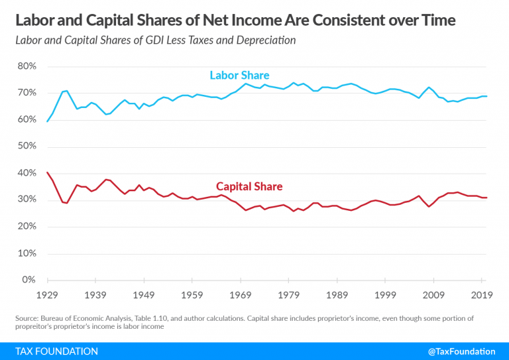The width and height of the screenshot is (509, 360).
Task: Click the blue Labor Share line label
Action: [239, 75]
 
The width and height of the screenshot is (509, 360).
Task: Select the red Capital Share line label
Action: [249, 186]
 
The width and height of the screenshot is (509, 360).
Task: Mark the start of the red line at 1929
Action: [47, 172]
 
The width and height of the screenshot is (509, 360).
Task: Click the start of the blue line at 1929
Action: [47, 121]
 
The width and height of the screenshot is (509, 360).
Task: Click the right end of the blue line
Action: [488, 97]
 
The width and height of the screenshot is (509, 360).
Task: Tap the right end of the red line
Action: [488, 198]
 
